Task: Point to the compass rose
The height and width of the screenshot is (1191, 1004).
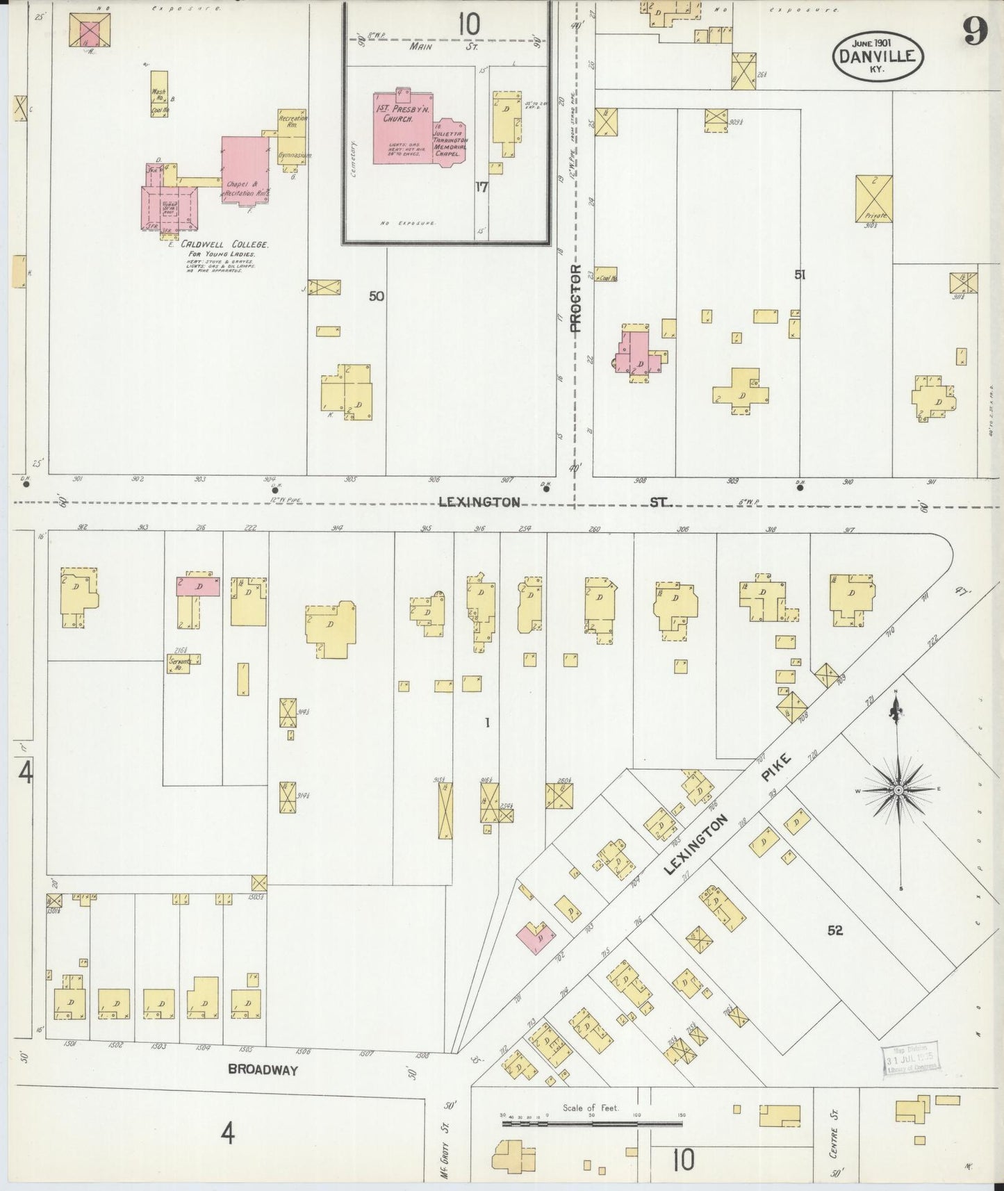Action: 898,790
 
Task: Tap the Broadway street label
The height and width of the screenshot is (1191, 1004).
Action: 263,1070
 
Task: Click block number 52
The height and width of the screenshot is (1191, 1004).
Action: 834,930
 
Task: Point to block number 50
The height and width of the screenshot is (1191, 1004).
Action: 376,296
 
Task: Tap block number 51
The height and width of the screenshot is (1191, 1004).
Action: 800,275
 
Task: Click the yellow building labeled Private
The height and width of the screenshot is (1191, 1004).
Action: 873,199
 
